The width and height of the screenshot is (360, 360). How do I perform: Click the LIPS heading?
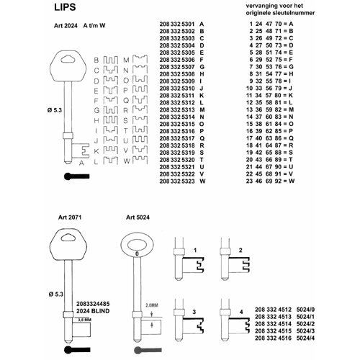[65, 7]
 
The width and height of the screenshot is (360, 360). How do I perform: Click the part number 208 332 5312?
[177, 103]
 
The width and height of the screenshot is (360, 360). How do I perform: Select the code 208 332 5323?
[177, 181]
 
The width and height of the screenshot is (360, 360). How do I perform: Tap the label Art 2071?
[70, 217]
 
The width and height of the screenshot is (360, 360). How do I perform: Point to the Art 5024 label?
[138, 217]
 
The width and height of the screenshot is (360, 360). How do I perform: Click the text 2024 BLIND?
[93, 311]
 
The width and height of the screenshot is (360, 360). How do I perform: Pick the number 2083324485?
[93, 304]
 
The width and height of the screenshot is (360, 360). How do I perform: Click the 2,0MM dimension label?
[152, 305]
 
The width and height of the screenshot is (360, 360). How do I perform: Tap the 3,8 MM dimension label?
[84, 320]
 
